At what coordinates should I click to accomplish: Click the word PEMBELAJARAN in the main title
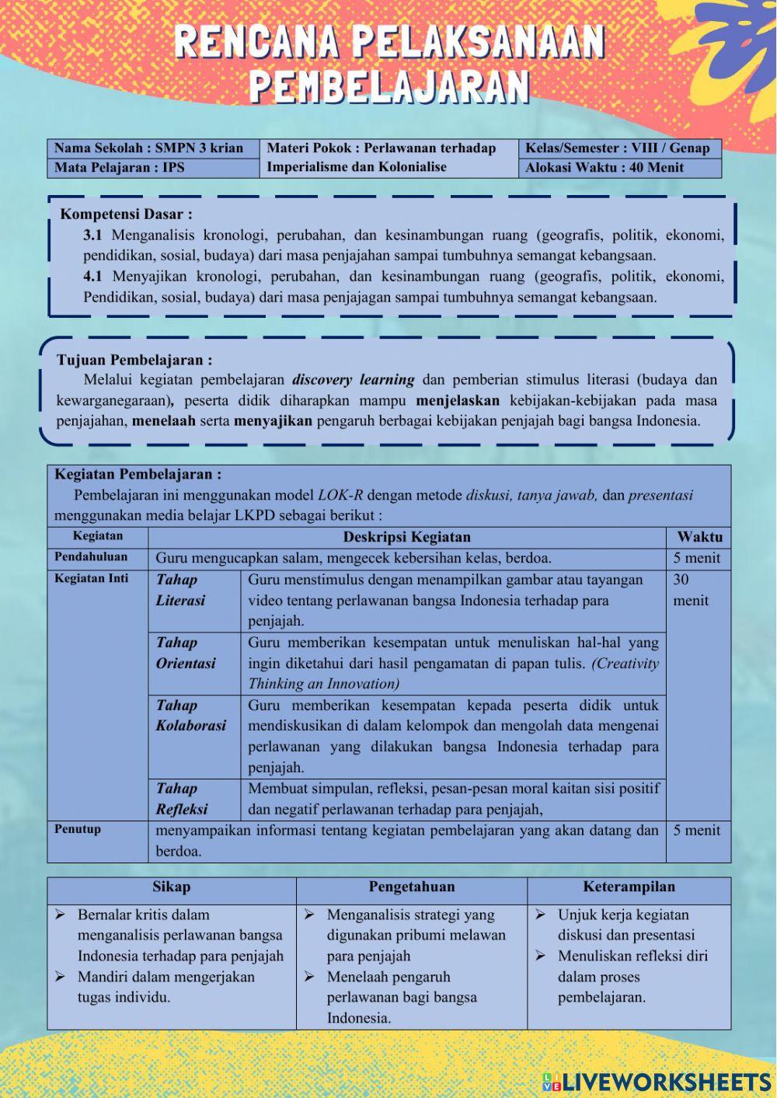click(x=388, y=87)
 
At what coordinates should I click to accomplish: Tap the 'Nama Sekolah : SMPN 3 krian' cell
click(x=149, y=148)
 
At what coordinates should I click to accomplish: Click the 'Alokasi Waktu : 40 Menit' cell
click(x=605, y=168)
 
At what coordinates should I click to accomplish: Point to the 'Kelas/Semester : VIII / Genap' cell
click(x=618, y=148)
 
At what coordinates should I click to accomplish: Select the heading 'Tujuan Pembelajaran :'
click(x=134, y=361)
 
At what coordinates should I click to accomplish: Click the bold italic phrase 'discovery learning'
click(x=353, y=381)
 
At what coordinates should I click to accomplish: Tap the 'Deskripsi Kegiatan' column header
click(x=406, y=537)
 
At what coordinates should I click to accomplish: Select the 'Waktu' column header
click(x=699, y=537)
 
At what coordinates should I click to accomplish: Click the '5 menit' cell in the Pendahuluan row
click(x=696, y=558)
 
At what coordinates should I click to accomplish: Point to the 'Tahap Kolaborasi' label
click(x=191, y=716)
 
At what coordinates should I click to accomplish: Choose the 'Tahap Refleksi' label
click(x=182, y=799)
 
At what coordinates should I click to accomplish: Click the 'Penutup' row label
click(x=78, y=829)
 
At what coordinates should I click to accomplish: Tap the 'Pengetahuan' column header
click(x=411, y=887)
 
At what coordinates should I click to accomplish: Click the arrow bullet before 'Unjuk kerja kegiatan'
click(x=540, y=915)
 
